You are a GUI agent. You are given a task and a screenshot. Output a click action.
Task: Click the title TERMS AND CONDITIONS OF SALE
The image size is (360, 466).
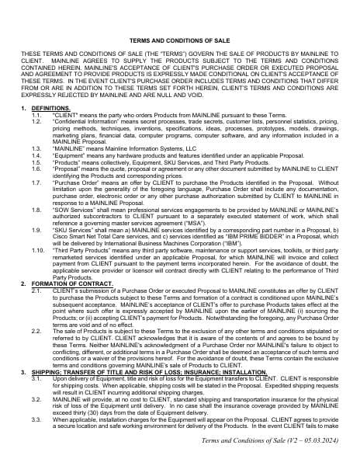[x=180, y=37]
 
